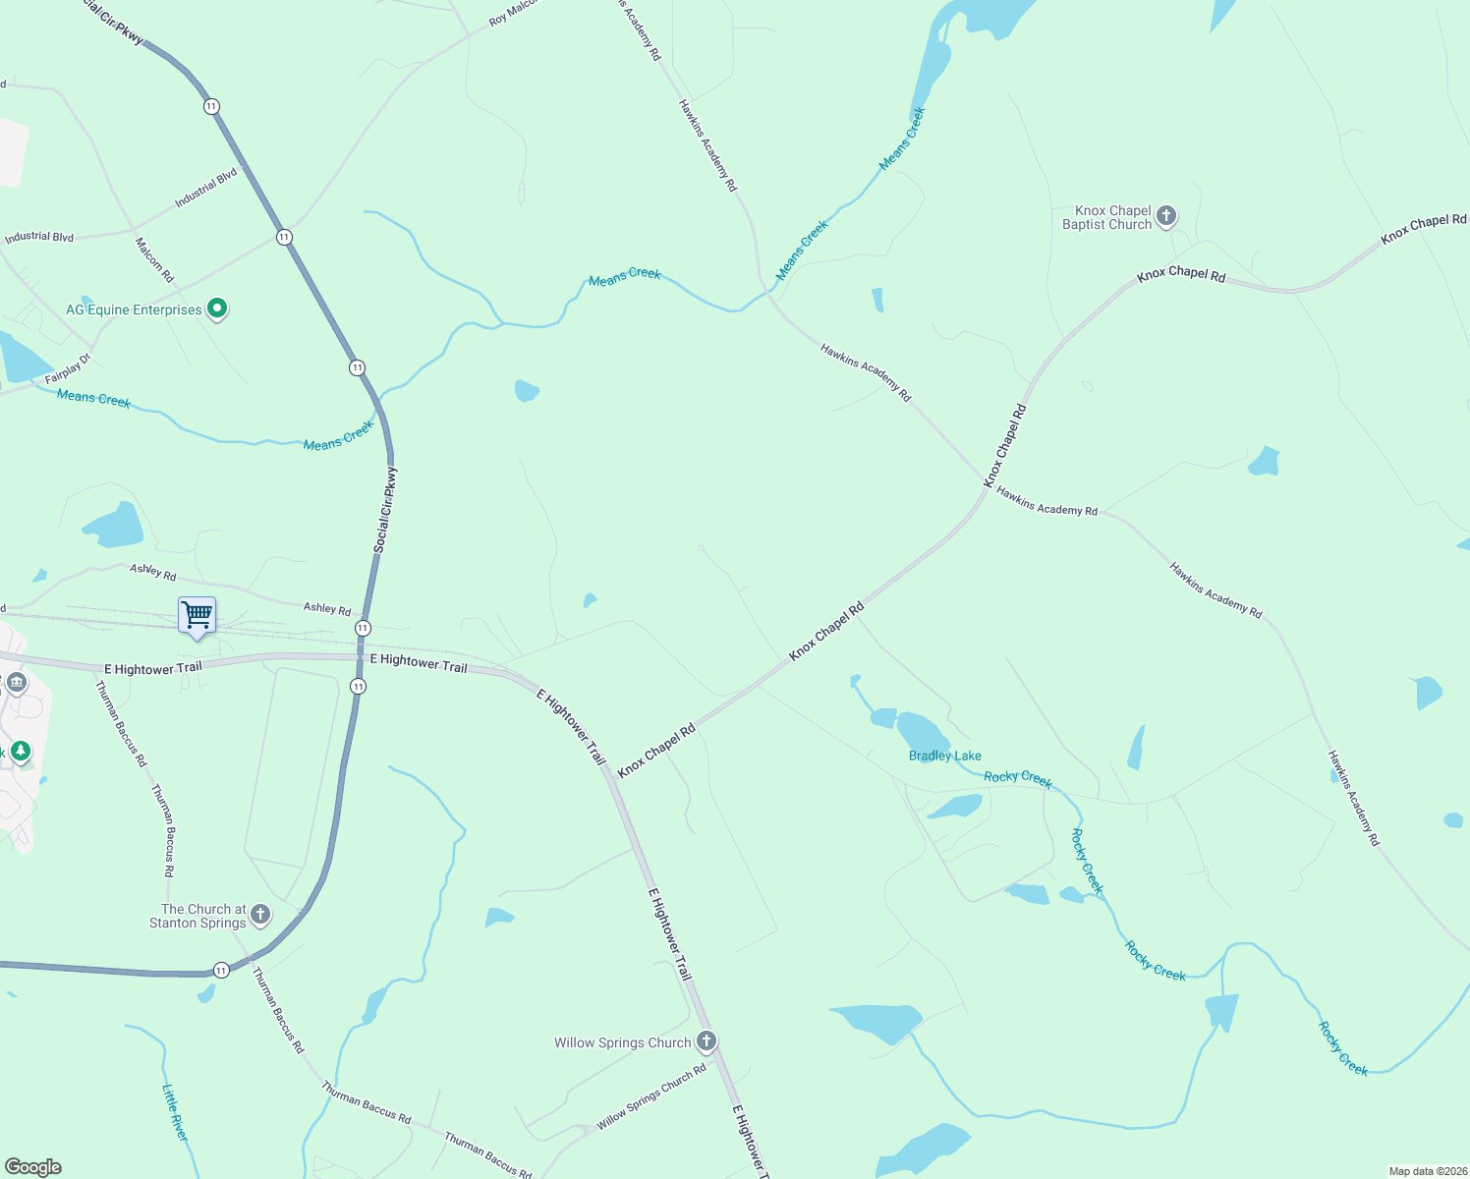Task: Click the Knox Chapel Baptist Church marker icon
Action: pyautogui.click(x=1166, y=216)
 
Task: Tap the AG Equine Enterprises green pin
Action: pyautogui.click(x=217, y=309)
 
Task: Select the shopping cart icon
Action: pyautogui.click(x=198, y=616)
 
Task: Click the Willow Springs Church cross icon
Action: pyautogui.click(x=706, y=1041)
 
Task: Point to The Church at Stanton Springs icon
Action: pyautogui.click(x=260, y=915)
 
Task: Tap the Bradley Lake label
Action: pyautogui.click(x=944, y=756)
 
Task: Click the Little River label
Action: pyautogui.click(x=175, y=1112)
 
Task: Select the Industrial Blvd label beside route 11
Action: pyautogui.click(x=206, y=188)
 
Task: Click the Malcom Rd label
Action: pyautogui.click(x=154, y=259)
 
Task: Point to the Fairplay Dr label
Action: pyautogui.click(x=67, y=368)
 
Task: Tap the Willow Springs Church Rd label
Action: pyautogui.click(x=651, y=1096)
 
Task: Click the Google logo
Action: pyautogui.click(x=33, y=1167)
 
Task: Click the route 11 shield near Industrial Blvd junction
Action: pyautogui.click(x=284, y=237)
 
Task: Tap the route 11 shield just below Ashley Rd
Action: pyautogui.click(x=363, y=628)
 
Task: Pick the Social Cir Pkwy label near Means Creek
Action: pyautogui.click(x=386, y=509)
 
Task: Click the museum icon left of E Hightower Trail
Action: pyautogui.click(x=16, y=683)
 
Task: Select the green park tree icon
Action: pyautogui.click(x=20, y=752)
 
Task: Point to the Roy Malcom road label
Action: pyautogui.click(x=513, y=13)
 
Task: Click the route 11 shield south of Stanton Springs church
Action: pyautogui.click(x=221, y=971)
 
